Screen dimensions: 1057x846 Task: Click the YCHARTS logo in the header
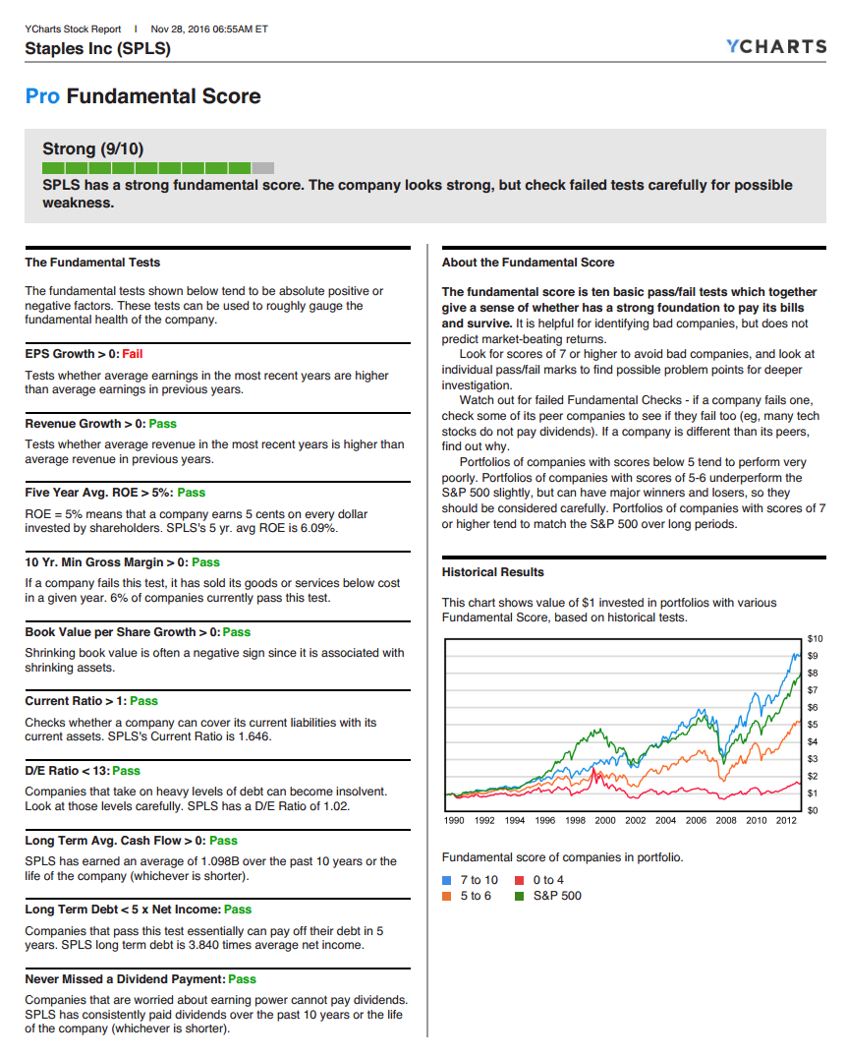click(x=775, y=46)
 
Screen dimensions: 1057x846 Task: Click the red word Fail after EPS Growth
click(x=133, y=354)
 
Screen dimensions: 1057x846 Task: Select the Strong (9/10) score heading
click(x=92, y=149)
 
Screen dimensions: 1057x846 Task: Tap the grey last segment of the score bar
click(x=263, y=168)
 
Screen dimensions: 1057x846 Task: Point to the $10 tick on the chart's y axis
click(x=815, y=639)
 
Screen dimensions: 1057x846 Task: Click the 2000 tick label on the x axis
click(x=605, y=820)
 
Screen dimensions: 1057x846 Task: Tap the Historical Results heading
click(x=492, y=572)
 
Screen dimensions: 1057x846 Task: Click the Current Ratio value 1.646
click(x=252, y=736)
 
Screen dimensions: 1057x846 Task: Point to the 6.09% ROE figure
click(x=316, y=528)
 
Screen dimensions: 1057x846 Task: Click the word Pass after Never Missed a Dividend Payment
click(x=242, y=979)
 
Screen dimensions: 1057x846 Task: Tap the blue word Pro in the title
click(x=42, y=96)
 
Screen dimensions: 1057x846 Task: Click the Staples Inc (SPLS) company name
click(x=97, y=48)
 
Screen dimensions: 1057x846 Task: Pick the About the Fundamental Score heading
click(x=528, y=263)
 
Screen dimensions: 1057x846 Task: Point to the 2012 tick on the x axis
click(x=786, y=820)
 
